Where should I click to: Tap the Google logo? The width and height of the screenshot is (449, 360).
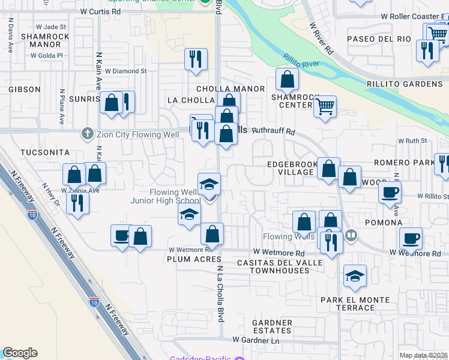pyautogui.click(x=20, y=353)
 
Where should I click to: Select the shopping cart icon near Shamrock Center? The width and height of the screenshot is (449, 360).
pyautogui.click(x=325, y=107)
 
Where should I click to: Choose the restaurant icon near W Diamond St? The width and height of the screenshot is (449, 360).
pyautogui.click(x=196, y=59)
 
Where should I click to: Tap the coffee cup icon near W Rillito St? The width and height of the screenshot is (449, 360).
pyautogui.click(x=390, y=193)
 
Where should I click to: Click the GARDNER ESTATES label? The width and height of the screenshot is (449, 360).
pyautogui.click(x=272, y=327)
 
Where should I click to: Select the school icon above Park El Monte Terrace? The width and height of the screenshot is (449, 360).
pyautogui.click(x=355, y=276)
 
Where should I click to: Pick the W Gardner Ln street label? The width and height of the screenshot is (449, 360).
pyautogui.click(x=256, y=340)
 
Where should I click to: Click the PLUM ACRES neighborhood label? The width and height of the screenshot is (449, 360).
pyautogui.click(x=191, y=259)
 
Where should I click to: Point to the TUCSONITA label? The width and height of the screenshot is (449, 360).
pyautogui.click(x=44, y=152)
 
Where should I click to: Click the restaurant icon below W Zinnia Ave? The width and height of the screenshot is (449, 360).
pyautogui.click(x=77, y=203)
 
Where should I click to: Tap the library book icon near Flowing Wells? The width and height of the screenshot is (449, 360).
pyautogui.click(x=352, y=236)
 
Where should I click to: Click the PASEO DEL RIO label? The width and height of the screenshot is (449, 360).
pyautogui.click(x=379, y=39)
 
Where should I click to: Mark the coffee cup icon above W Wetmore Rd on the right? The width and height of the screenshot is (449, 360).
pyautogui.click(x=411, y=239)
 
